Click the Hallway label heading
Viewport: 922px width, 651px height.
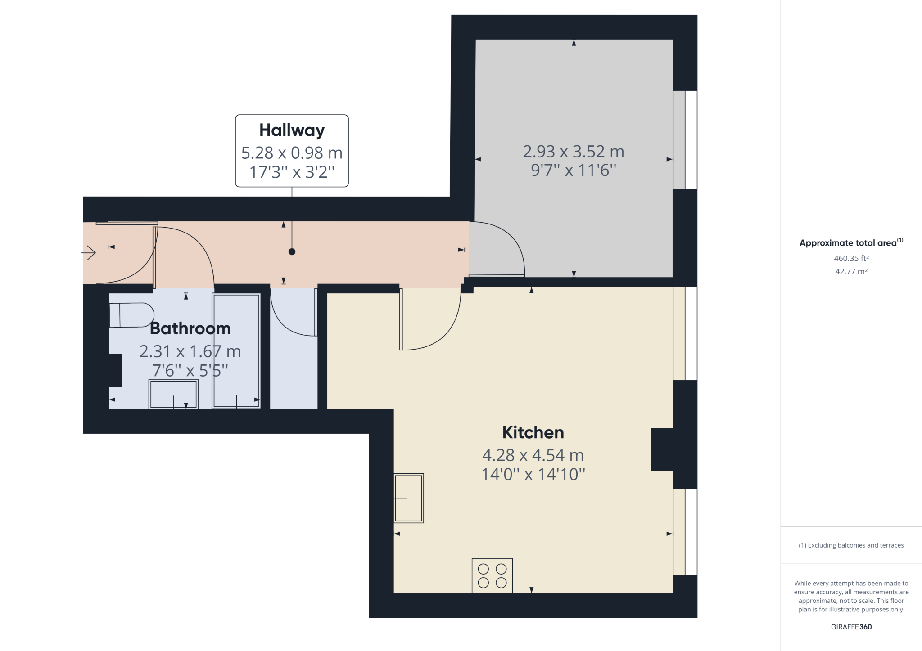coord(292,130)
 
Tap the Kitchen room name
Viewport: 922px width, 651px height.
coord(533,432)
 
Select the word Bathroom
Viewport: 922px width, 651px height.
coord(190,328)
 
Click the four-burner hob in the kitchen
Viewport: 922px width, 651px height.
coord(492,575)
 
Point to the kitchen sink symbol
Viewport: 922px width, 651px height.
coord(409,498)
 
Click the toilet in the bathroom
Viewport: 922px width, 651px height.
coord(131,315)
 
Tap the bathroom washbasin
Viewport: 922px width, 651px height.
coord(173,395)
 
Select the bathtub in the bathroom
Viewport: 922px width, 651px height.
coord(236,351)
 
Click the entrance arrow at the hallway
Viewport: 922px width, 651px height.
coord(89,253)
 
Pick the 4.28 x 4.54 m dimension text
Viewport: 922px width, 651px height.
coord(533,455)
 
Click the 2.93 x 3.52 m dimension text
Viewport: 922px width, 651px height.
coord(574,152)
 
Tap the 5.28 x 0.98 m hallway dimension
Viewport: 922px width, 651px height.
coord(292,153)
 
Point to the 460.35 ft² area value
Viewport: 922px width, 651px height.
coord(851,258)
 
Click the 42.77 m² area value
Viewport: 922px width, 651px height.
coord(851,271)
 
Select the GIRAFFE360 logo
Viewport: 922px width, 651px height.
coord(851,627)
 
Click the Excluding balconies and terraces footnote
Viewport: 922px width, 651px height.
coord(851,545)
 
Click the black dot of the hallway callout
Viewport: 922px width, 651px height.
coord(292,252)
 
